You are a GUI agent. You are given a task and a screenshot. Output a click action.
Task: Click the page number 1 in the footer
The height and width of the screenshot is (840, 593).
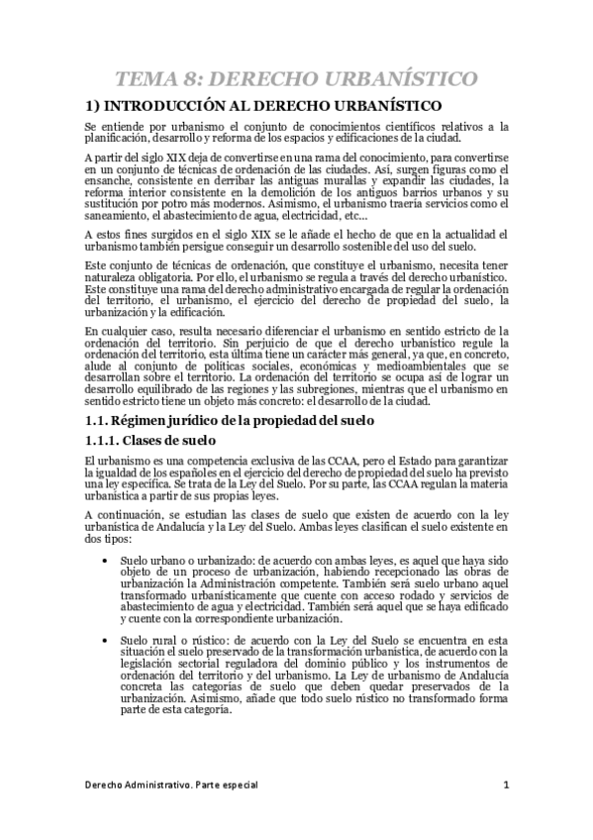pyautogui.click(x=505, y=786)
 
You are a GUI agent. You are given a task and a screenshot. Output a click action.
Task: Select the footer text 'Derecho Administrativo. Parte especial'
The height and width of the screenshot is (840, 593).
pyautogui.click(x=171, y=786)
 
